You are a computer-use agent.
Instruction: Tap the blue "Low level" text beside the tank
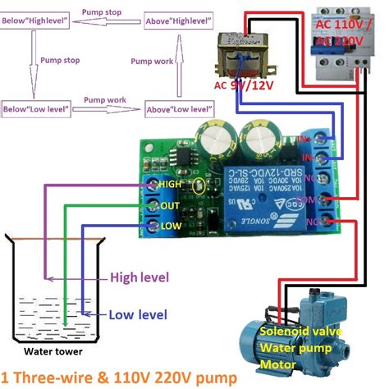(x=138, y=314)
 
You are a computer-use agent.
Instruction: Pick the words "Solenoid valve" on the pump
(x=298, y=331)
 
